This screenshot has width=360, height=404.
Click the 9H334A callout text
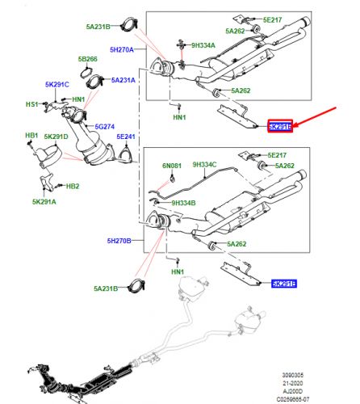pyautogui.click(x=203, y=46)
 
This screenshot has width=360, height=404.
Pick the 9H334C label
pyautogui.click(x=203, y=164)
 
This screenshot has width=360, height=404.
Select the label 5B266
pyautogui.click(x=88, y=60)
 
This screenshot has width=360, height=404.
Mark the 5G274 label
pyautogui.click(x=105, y=127)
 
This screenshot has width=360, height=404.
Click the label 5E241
pyautogui.click(x=128, y=137)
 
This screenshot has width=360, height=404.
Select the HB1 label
pyautogui.click(x=31, y=135)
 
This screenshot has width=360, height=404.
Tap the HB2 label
pyautogui.click(x=72, y=187)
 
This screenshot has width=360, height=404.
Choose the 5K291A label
pyautogui.click(x=45, y=202)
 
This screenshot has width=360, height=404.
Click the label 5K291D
pyautogui.click(x=57, y=136)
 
